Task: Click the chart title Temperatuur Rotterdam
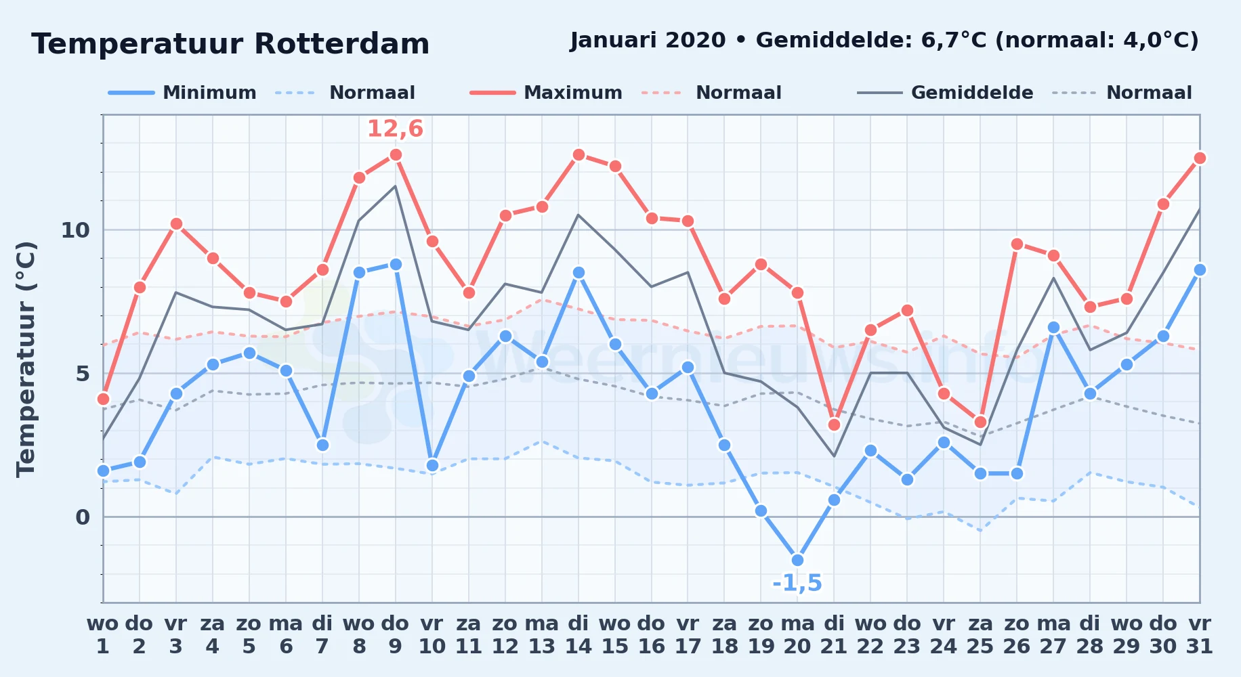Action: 230,44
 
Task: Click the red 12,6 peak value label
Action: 395,129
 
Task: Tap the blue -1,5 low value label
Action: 797,583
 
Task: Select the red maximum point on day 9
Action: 396,155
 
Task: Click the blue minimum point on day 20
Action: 797,560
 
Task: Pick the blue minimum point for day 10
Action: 432,465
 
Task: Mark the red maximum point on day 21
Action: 834,424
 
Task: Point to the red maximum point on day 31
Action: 1200,158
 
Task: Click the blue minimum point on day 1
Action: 103,471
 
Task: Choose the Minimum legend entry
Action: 182,93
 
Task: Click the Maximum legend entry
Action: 546,93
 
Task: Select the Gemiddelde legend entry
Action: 946,93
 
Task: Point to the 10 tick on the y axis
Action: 75,230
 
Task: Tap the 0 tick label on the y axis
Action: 83,517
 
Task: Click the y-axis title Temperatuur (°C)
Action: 26,359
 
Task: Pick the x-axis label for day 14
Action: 579,634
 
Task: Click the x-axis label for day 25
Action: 980,634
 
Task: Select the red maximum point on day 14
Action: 579,155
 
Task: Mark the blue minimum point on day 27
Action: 1053,328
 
